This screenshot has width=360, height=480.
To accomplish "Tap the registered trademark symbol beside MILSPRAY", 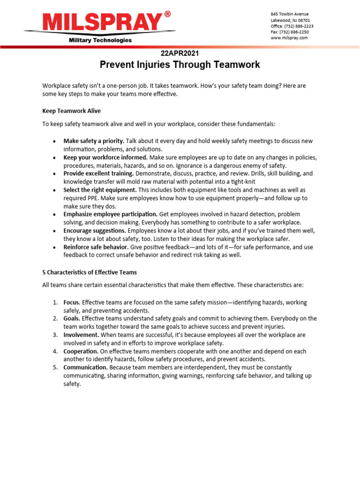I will (x=167, y=15).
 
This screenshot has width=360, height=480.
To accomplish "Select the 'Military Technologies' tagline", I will (x=100, y=40).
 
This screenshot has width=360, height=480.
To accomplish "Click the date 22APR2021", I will (x=180, y=53).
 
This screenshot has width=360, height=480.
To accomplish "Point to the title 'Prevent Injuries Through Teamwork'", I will (x=180, y=65).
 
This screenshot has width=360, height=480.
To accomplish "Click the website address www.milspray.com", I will (x=289, y=38).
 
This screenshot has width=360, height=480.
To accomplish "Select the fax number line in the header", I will (x=289, y=32).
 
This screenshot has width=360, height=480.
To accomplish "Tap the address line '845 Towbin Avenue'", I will (x=290, y=14).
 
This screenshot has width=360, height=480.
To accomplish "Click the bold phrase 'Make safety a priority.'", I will (x=94, y=141).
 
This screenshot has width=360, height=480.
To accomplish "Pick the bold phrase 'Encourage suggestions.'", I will (x=95, y=231).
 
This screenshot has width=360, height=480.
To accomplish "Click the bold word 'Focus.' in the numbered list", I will (x=72, y=303).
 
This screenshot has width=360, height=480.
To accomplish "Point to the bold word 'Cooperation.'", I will (x=81, y=351).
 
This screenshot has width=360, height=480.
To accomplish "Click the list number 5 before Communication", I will (x=55, y=367).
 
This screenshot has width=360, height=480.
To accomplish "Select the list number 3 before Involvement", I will (x=55, y=335).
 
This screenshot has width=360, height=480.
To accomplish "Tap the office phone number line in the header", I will (x=292, y=26).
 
